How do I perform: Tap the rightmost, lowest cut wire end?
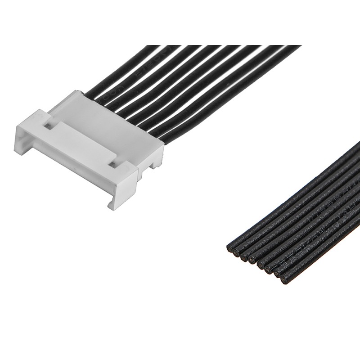pyautogui.click(x=284, y=280)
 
